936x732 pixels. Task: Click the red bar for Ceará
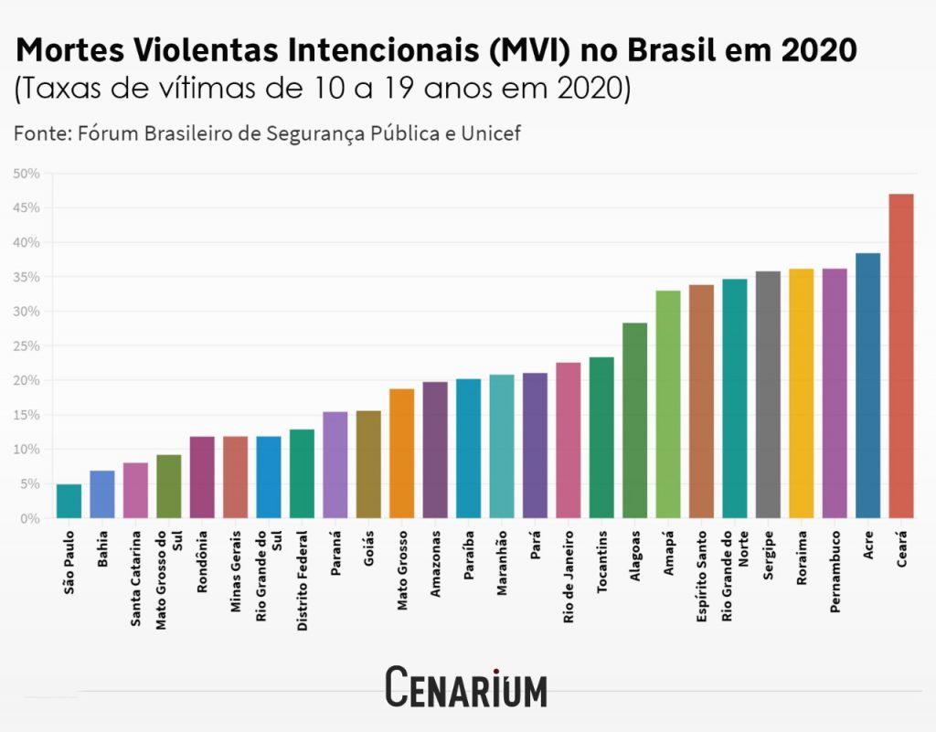[900, 356]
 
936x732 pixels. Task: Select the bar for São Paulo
[69, 501]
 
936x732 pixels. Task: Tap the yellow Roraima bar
[801, 393]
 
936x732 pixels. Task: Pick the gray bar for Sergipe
[768, 395]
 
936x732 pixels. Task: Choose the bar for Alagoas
[634, 420]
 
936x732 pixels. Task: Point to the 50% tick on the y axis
[27, 174]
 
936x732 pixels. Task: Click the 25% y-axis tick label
[27, 346]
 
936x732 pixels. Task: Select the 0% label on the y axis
[30, 518]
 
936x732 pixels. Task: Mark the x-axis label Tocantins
[601, 560]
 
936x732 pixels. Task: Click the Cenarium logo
[466, 688]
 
